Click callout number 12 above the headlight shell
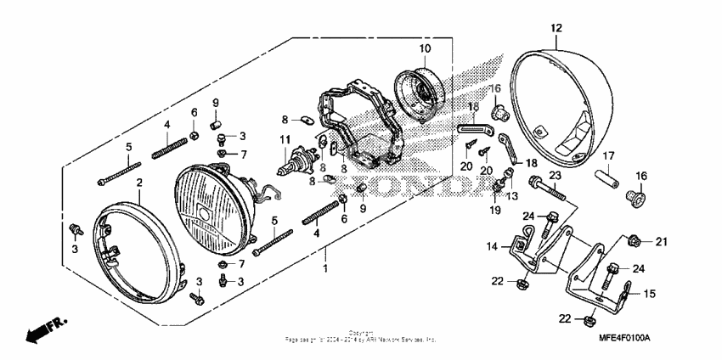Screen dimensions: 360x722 pos(556,28)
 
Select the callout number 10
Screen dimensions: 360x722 pos(424,48)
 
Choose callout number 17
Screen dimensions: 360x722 pos(609,155)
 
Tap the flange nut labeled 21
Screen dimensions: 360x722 pos(635,241)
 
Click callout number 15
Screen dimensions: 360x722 pos(651,294)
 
